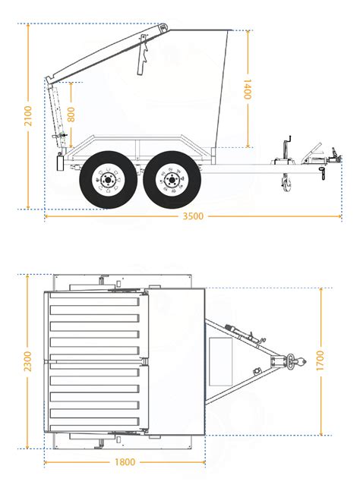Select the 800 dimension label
point(71,114)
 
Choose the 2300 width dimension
point(28,361)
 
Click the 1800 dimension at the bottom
point(125,461)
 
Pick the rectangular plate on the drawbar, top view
point(222,360)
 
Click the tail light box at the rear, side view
point(61,162)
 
